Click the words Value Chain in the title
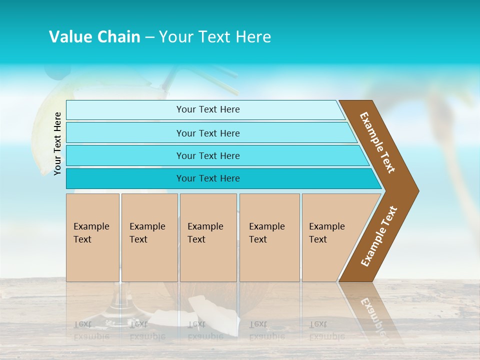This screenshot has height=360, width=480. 94,37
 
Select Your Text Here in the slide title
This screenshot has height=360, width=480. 215,37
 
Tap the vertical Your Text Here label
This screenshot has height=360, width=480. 57,143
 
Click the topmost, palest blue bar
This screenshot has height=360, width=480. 205,109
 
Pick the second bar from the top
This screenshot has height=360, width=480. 210,133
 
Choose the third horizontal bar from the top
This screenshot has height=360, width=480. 215,155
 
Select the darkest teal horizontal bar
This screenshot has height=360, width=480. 220,178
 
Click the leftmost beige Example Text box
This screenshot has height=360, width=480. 92,237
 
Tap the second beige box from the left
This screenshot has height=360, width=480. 149,237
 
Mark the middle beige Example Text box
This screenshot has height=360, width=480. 208,237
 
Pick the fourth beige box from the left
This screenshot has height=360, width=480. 269,237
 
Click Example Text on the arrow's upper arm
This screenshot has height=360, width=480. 378,142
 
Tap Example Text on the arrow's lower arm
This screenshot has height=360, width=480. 379,236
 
